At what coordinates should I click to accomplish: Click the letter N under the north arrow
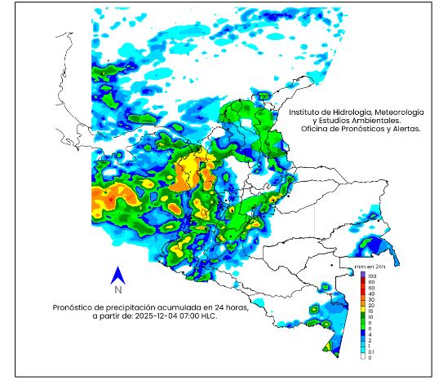(118, 289)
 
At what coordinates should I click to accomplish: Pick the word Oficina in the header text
(315, 129)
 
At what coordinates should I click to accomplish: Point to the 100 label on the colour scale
(372, 276)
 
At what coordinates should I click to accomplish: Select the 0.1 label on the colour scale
(372, 352)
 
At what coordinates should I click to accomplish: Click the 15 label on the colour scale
(371, 311)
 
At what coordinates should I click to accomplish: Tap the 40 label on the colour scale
(371, 294)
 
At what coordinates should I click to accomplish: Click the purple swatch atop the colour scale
(363, 276)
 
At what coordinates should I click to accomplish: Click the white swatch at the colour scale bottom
(363, 357)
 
